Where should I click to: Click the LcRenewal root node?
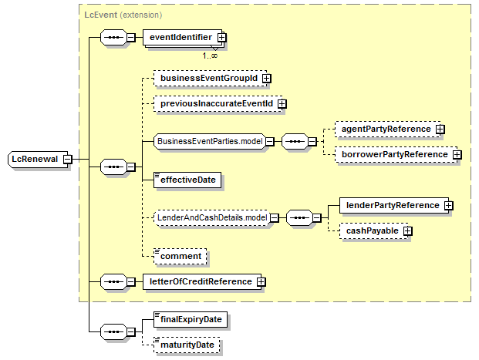[38, 159]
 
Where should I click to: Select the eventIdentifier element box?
[183, 38]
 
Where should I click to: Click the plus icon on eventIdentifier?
[222, 38]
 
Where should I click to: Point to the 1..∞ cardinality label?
[210, 56]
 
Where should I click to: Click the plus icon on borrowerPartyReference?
[457, 155]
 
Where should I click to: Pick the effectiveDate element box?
[187, 180]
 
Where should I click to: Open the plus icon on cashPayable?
[407, 231]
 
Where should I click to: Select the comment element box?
[180, 256]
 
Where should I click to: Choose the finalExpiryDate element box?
[191, 319]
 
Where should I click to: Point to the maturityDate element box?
[187, 345]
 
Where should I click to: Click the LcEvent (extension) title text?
[123, 15]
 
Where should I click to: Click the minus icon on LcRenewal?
[68, 159]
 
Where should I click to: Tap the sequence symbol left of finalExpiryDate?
[113, 332]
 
